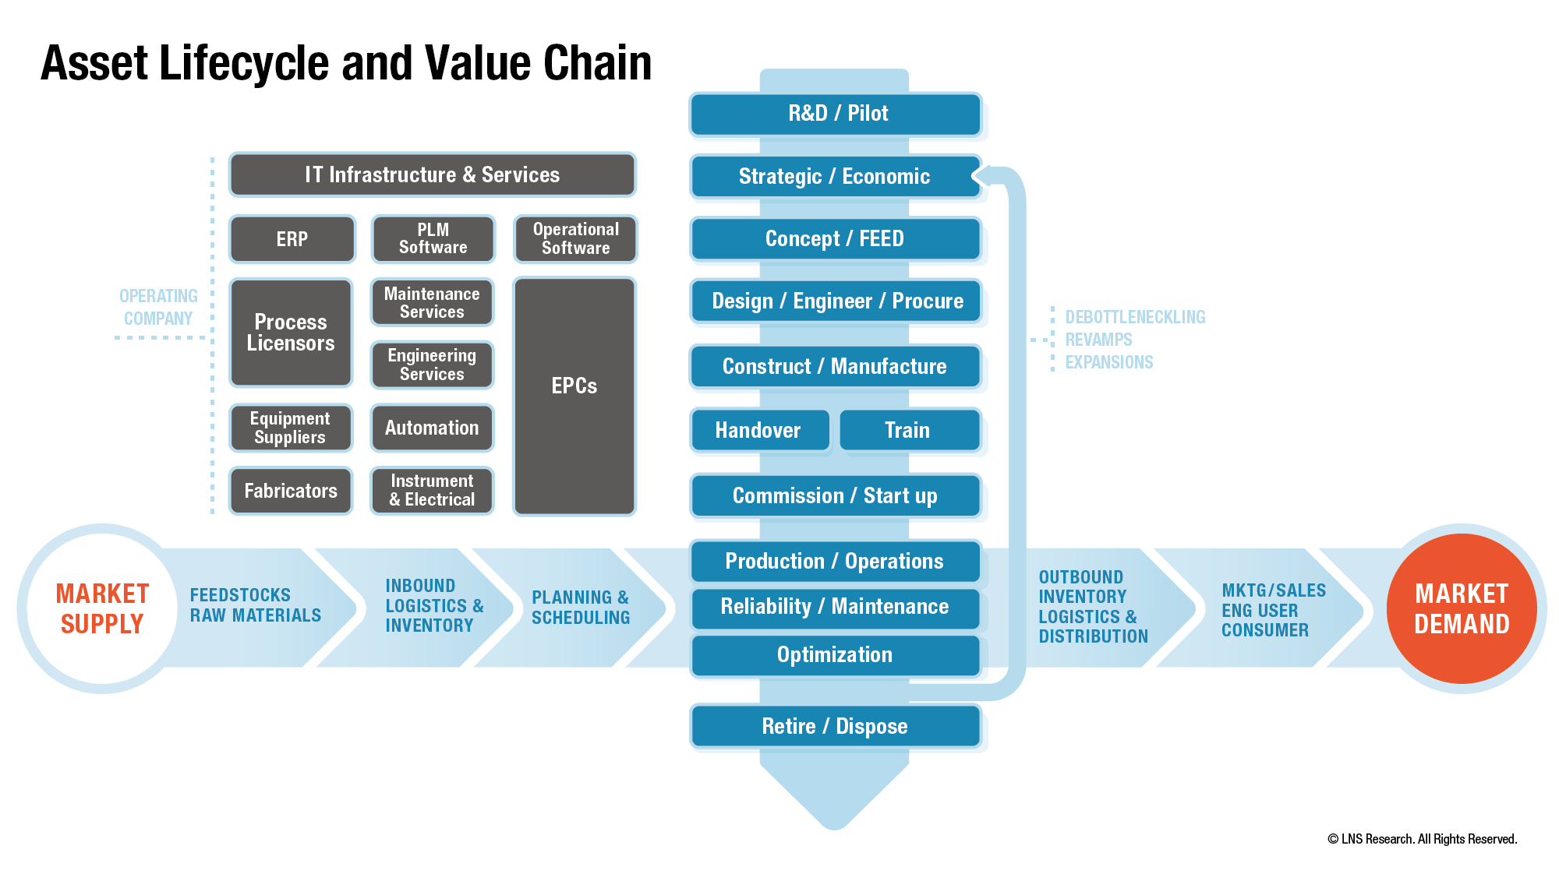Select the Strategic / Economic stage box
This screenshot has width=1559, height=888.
pyautogui.click(x=834, y=177)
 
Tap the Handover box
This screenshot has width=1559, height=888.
pyautogui.click(x=758, y=430)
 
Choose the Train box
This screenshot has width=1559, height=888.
pyautogui.click(x=908, y=430)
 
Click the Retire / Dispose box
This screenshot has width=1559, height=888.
pyautogui.click(x=835, y=726)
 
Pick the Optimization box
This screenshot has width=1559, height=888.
pyautogui.click(x=835, y=655)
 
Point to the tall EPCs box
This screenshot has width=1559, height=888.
pyautogui.click(x=574, y=396)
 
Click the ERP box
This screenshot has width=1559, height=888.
pyautogui.click(x=292, y=239)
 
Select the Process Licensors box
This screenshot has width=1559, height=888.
pyautogui.click(x=291, y=333)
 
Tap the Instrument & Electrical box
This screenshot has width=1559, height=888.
pyautogui.click(x=432, y=491)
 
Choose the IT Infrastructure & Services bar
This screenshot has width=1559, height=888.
pyautogui.click(x=432, y=174)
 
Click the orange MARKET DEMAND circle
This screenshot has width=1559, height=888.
pyautogui.click(x=1462, y=608)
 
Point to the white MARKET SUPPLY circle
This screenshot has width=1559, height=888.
pyautogui.click(x=102, y=608)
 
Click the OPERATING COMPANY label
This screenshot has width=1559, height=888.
pyautogui.click(x=158, y=307)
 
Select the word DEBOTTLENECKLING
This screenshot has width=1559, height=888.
pyautogui.click(x=1135, y=317)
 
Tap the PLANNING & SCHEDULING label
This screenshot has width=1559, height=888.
pyautogui.click(x=581, y=608)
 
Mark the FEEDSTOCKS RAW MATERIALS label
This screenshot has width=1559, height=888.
pyautogui.click(x=255, y=605)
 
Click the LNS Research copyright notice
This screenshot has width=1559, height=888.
pyautogui.click(x=1422, y=839)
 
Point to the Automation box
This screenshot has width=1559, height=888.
pyautogui.click(x=432, y=428)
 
